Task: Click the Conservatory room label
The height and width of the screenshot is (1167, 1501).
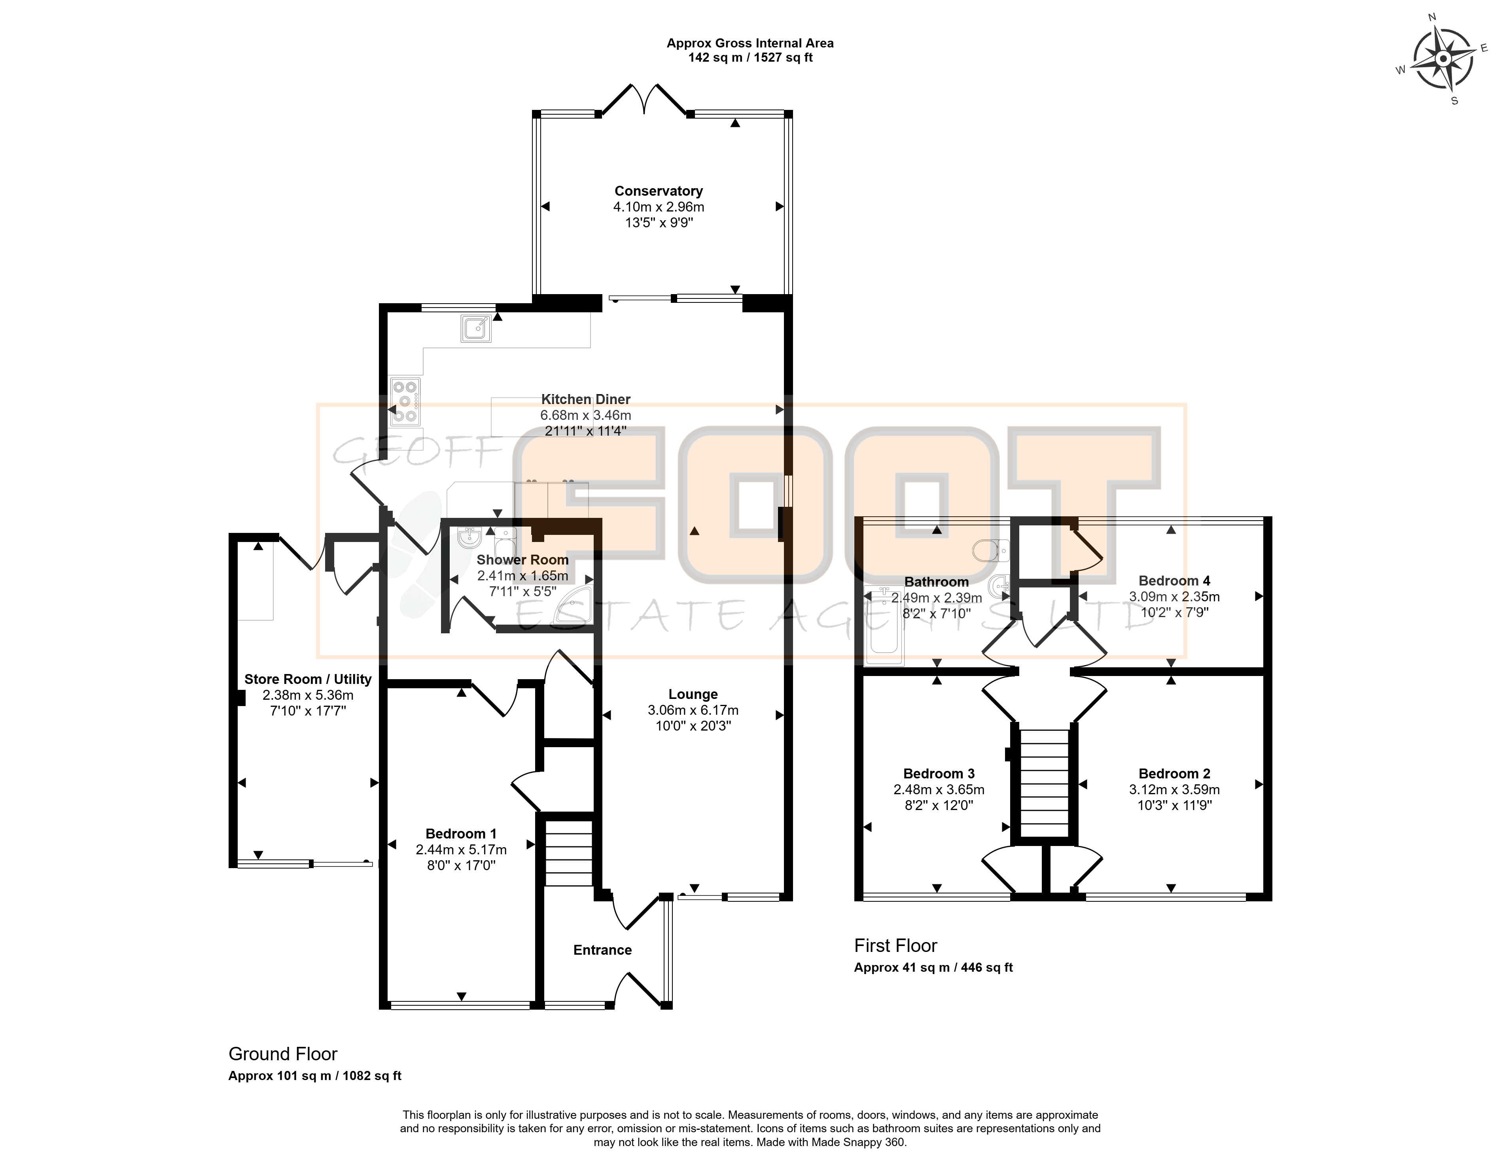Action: (659, 191)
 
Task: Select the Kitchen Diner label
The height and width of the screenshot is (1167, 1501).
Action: (585, 399)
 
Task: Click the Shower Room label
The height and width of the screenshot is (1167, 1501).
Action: (522, 560)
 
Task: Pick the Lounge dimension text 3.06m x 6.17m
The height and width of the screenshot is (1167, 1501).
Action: (693, 710)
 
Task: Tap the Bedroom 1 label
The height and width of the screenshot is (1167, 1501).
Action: (460, 834)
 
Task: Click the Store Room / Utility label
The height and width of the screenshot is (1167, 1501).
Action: (308, 679)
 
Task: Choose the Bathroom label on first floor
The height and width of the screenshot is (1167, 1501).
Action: (936, 582)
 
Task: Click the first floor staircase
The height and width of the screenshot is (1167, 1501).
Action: (1044, 782)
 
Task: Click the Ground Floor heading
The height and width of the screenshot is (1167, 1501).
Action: (283, 1054)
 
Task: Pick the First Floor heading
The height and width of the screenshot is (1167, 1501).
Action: (895, 946)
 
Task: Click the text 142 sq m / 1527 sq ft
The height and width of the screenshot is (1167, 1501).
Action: (751, 58)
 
